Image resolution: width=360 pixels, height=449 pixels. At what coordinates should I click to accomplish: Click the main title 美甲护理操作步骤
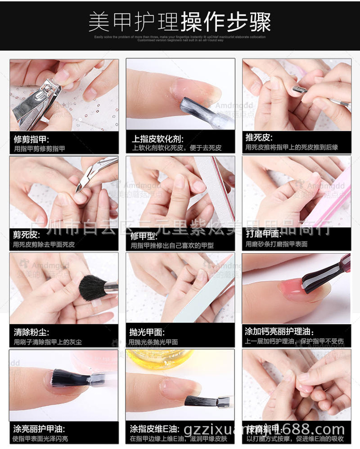[x=180, y=22]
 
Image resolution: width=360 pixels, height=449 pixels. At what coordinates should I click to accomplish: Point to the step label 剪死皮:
[x=27, y=235]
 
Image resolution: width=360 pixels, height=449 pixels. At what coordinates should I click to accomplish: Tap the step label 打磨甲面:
[x=263, y=234]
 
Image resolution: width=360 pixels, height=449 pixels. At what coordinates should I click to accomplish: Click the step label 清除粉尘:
[x=29, y=332]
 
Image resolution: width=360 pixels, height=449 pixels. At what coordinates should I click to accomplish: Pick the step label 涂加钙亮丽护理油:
[x=279, y=331]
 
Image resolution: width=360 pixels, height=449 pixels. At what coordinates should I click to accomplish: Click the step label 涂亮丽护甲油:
[x=38, y=428]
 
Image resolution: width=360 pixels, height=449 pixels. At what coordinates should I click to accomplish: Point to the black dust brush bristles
[x=92, y=288]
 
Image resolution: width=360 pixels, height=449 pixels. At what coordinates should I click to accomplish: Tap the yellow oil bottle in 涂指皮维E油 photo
[x=157, y=360]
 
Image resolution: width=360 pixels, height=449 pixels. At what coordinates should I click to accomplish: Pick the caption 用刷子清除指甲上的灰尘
[x=48, y=342]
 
